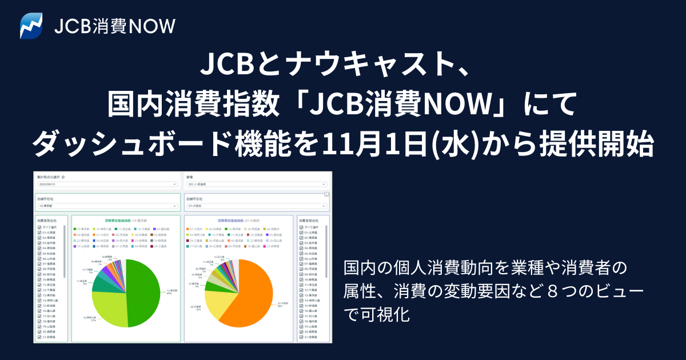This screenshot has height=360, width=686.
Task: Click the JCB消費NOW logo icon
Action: (31, 26)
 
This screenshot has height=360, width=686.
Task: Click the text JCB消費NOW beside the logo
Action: (114, 26)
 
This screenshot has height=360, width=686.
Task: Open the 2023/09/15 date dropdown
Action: (107, 185)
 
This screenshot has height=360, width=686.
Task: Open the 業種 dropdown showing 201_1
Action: (256, 185)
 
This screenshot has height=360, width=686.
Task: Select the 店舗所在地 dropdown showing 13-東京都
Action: (107, 206)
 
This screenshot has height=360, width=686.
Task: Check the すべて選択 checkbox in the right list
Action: (302, 227)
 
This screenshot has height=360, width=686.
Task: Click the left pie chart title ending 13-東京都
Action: (126, 219)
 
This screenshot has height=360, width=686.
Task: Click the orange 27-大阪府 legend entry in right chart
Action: (196, 227)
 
